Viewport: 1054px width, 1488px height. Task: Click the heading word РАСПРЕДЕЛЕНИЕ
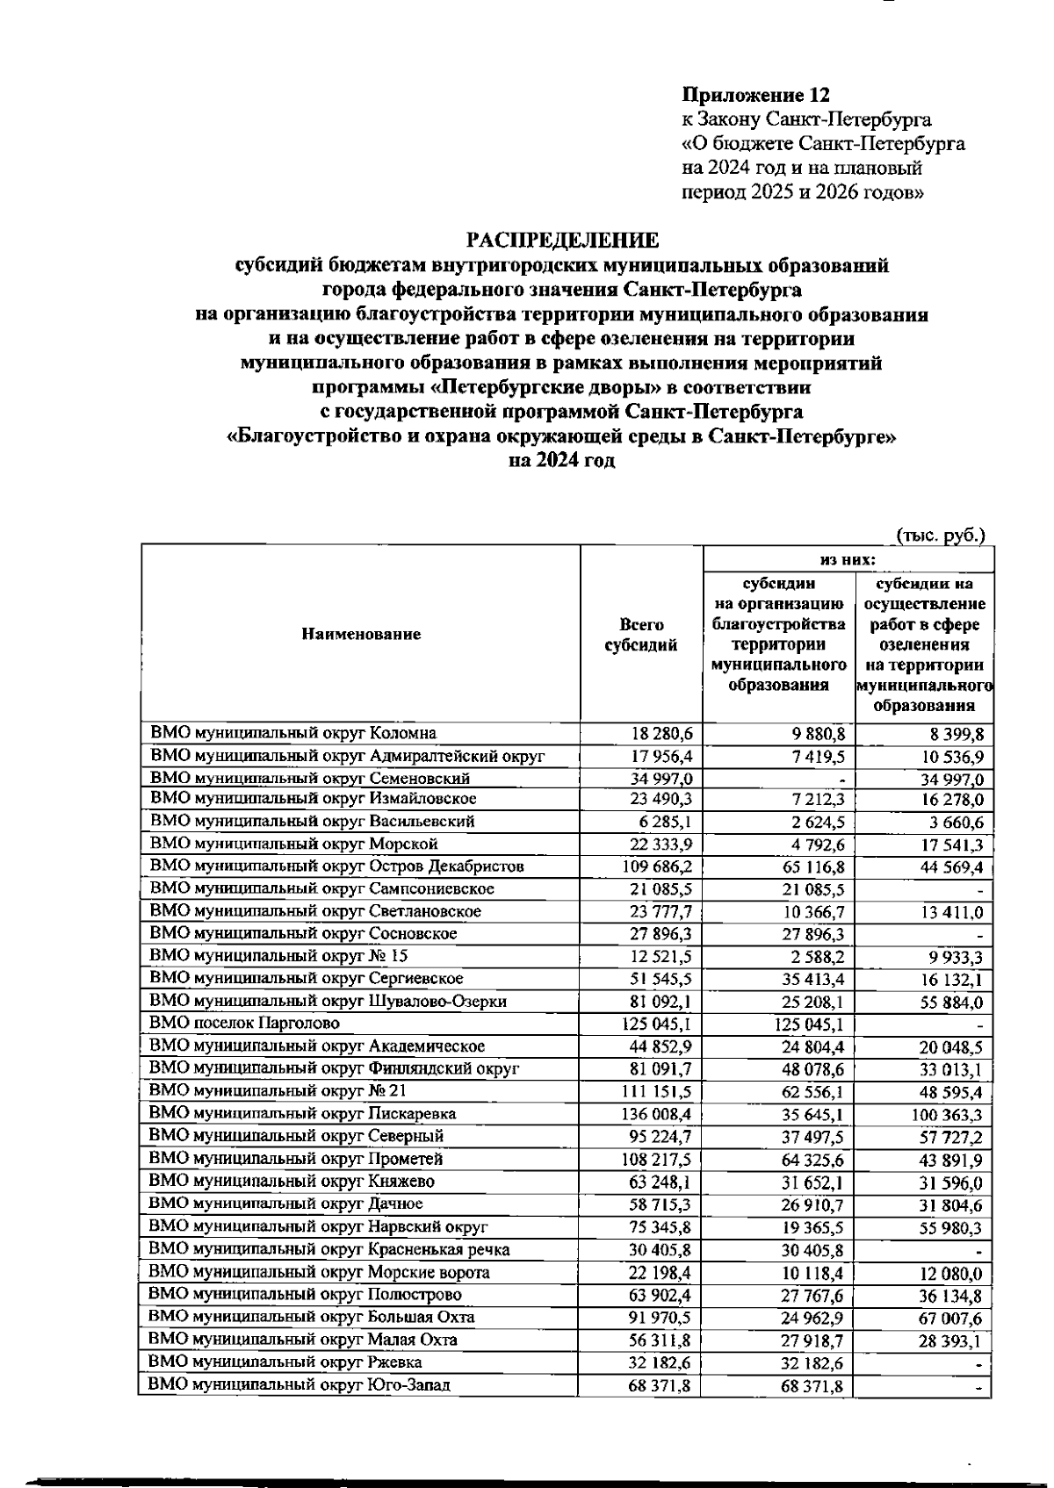[561, 240]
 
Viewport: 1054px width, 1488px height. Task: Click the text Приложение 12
[756, 95]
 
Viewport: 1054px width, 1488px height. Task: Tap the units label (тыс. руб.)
[941, 534]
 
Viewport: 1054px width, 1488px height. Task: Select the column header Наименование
[361, 634]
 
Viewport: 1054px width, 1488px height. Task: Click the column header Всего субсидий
[641, 635]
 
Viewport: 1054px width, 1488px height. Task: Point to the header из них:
[848, 559]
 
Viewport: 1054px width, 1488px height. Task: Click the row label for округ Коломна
[293, 733]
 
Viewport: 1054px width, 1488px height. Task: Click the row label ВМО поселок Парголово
[245, 1024]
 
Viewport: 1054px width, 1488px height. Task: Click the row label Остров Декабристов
[337, 866]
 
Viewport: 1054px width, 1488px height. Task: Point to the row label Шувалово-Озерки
[328, 1002]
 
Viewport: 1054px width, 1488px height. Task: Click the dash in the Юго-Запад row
[977, 1386]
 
